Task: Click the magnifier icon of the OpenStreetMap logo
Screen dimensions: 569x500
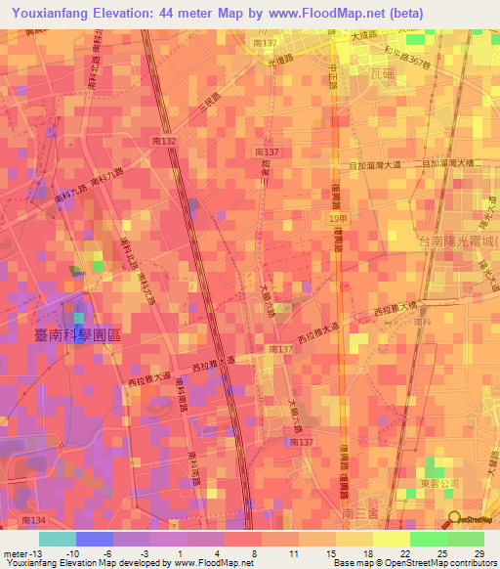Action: point(453,519)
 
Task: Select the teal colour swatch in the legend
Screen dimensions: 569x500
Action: point(57,539)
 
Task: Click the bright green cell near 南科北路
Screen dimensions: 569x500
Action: point(98,265)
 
